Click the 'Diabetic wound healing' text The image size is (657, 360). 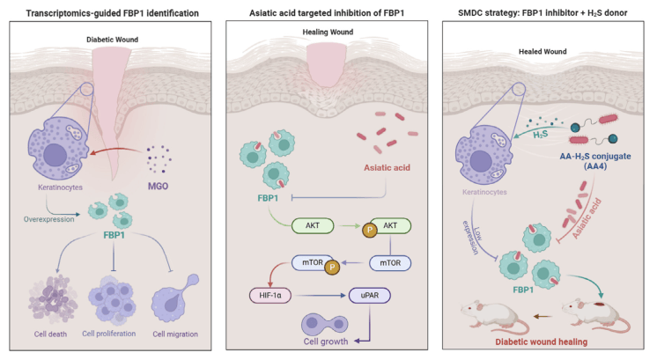click(547, 344)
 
